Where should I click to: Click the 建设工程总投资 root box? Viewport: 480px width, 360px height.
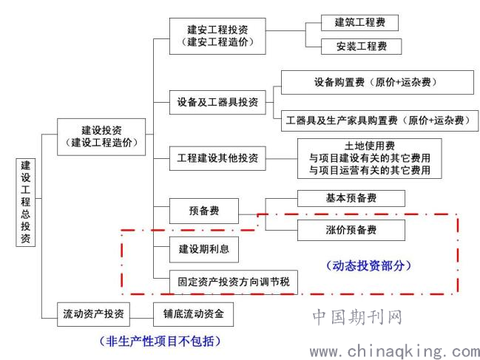[26, 202]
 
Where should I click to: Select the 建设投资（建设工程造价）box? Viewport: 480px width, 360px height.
[101, 137]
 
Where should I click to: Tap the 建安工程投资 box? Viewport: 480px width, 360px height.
[217, 36]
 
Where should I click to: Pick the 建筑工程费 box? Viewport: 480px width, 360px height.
[359, 23]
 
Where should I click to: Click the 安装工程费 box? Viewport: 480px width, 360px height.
[361, 47]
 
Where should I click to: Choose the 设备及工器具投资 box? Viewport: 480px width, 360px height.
[217, 102]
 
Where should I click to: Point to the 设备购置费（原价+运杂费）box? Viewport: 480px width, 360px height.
[377, 82]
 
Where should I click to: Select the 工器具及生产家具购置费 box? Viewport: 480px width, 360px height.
[379, 120]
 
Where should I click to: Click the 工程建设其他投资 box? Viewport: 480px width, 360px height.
[217, 158]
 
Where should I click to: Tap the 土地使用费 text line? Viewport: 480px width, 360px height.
[370, 146]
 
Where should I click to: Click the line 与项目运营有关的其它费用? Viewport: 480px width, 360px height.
[370, 170]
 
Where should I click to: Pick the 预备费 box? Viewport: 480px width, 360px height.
[204, 211]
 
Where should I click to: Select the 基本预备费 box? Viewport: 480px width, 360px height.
[351, 198]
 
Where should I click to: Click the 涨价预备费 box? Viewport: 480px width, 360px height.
[351, 230]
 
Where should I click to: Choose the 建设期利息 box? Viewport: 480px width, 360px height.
[204, 249]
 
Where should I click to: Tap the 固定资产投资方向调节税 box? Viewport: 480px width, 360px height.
[234, 282]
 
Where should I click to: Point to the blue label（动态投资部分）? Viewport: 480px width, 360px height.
[368, 266]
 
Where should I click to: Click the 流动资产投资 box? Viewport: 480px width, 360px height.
[93, 314]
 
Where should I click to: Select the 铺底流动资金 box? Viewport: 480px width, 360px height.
[194, 314]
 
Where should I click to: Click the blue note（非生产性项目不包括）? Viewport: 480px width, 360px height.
[160, 341]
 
